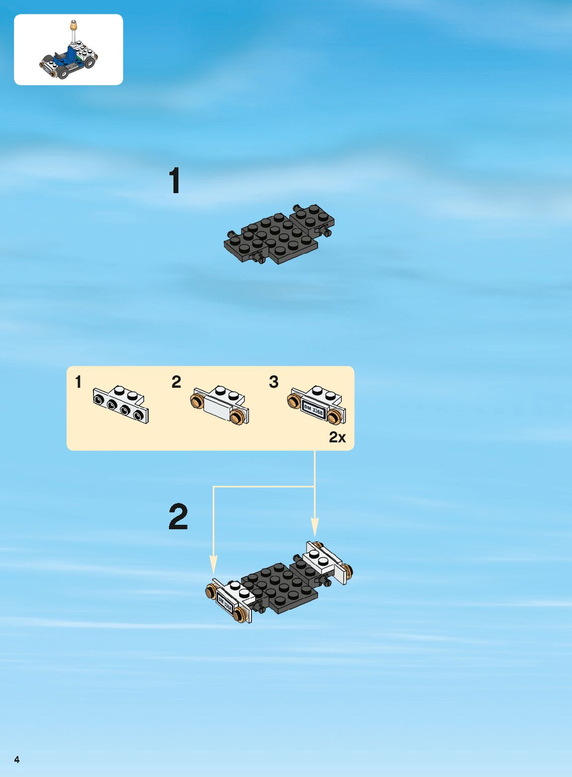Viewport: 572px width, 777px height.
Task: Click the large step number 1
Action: point(175,180)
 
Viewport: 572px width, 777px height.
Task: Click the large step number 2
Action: point(178,516)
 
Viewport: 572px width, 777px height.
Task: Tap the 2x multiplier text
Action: point(337,438)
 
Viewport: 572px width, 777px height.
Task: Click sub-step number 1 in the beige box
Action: point(79,382)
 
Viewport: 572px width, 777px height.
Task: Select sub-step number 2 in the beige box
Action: point(176,382)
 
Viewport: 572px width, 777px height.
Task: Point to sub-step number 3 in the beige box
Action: point(274,382)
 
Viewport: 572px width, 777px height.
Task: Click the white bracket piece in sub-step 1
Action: point(121,405)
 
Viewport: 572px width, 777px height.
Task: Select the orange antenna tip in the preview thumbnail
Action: point(73,25)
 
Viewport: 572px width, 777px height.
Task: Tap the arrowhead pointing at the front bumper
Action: point(213,564)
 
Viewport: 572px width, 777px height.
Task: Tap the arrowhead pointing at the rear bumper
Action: point(315,528)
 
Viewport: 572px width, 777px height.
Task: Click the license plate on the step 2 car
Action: point(225,604)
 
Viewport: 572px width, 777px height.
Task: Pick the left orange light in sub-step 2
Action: point(197,401)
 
